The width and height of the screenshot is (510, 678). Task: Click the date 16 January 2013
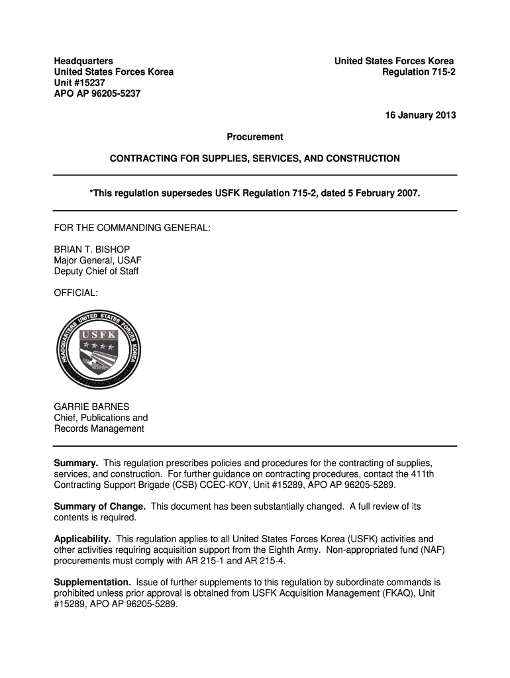pyautogui.click(x=421, y=115)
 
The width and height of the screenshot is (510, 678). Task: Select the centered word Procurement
pyautogui.click(x=255, y=137)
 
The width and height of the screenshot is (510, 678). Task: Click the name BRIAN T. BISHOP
pyautogui.click(x=97, y=250)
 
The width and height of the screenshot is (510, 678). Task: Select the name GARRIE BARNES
pyautogui.click(x=91, y=407)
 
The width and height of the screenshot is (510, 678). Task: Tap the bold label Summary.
pyautogui.click(x=76, y=463)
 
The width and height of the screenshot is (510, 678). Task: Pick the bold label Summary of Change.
pyautogui.click(x=99, y=507)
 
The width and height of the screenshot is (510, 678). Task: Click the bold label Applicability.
pyautogui.click(x=83, y=539)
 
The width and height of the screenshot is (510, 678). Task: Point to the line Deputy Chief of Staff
pyautogui.click(x=96, y=271)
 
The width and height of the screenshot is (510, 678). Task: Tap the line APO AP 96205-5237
pyautogui.click(x=97, y=93)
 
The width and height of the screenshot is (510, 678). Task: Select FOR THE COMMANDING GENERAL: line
pyautogui.click(x=132, y=228)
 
